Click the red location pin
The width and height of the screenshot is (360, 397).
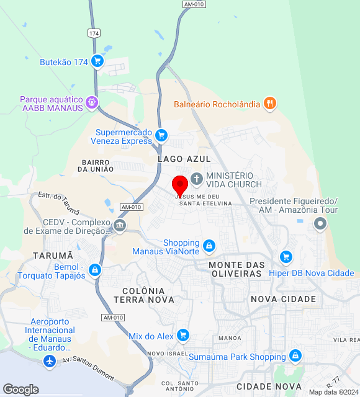(180, 185)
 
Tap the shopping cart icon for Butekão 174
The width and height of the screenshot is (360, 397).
(97, 61)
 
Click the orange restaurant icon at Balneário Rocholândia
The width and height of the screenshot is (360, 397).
(269, 104)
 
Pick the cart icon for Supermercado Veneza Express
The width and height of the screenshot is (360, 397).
(161, 135)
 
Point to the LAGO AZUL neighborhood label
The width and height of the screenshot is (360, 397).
(180, 159)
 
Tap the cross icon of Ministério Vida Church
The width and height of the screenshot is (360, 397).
(197, 179)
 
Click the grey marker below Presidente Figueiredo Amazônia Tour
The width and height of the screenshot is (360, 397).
(320, 224)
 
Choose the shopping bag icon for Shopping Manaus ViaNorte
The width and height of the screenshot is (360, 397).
(209, 246)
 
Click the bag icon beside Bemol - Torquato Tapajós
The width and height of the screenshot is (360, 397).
(94, 270)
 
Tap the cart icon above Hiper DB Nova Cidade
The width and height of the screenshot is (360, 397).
(286, 256)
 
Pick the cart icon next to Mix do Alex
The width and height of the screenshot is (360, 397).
(182, 336)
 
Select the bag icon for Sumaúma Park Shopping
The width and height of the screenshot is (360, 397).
(295, 356)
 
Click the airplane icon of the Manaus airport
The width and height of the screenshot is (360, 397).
(50, 361)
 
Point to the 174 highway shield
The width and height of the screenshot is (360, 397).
(94, 32)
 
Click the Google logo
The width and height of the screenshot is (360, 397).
(20, 390)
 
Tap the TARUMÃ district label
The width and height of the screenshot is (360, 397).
(53, 256)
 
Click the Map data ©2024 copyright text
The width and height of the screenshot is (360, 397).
(334, 392)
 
